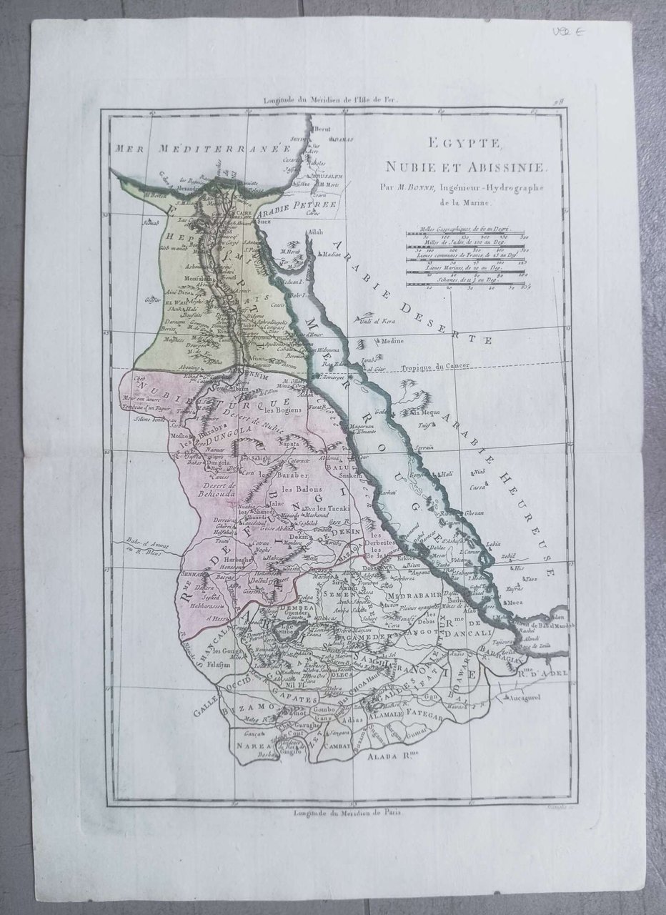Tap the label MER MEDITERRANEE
(x=198, y=149)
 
